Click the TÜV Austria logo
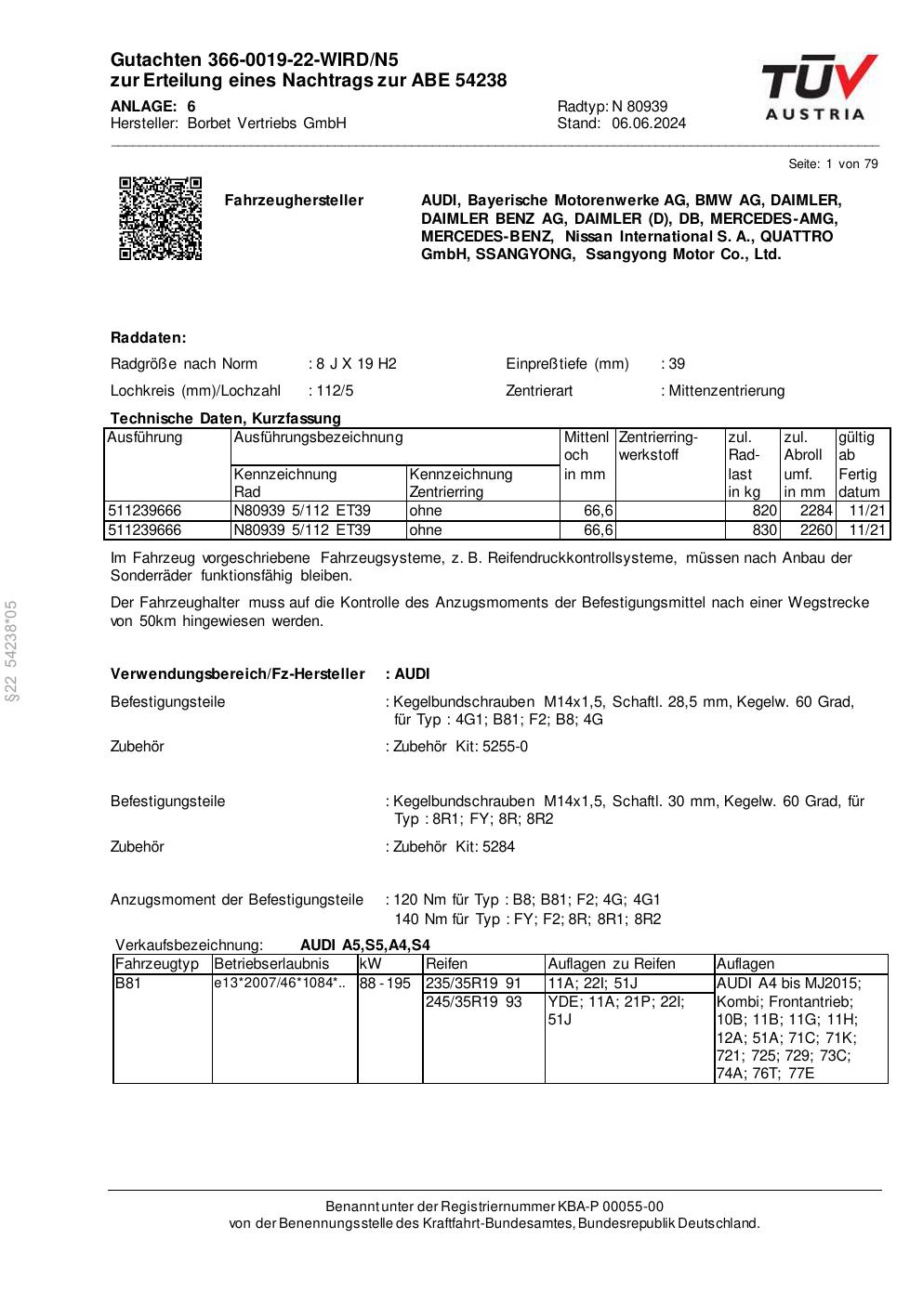(818, 87)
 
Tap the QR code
(160, 218)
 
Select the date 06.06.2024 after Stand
(649, 124)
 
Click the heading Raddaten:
(149, 337)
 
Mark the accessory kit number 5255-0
(505, 747)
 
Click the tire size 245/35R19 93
(473, 1003)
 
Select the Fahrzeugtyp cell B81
(128, 984)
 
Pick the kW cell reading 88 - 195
(385, 984)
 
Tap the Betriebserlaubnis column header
(271, 964)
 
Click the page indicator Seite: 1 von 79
(833, 164)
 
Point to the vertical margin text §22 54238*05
(11, 651)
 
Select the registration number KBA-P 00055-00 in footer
(611, 1206)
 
